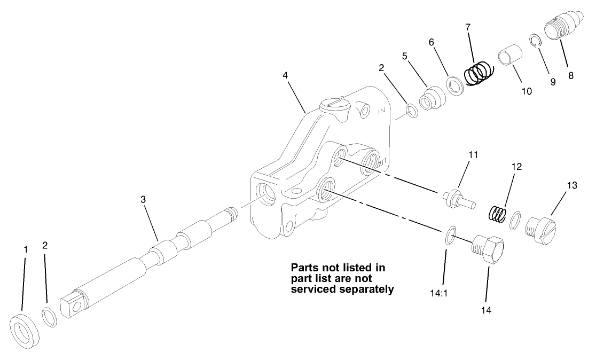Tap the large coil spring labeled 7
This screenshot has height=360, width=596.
tap(477, 73)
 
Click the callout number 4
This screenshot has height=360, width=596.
tap(286, 75)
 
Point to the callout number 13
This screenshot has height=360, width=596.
tap(572, 185)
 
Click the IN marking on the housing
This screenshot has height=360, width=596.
tap(381, 112)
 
